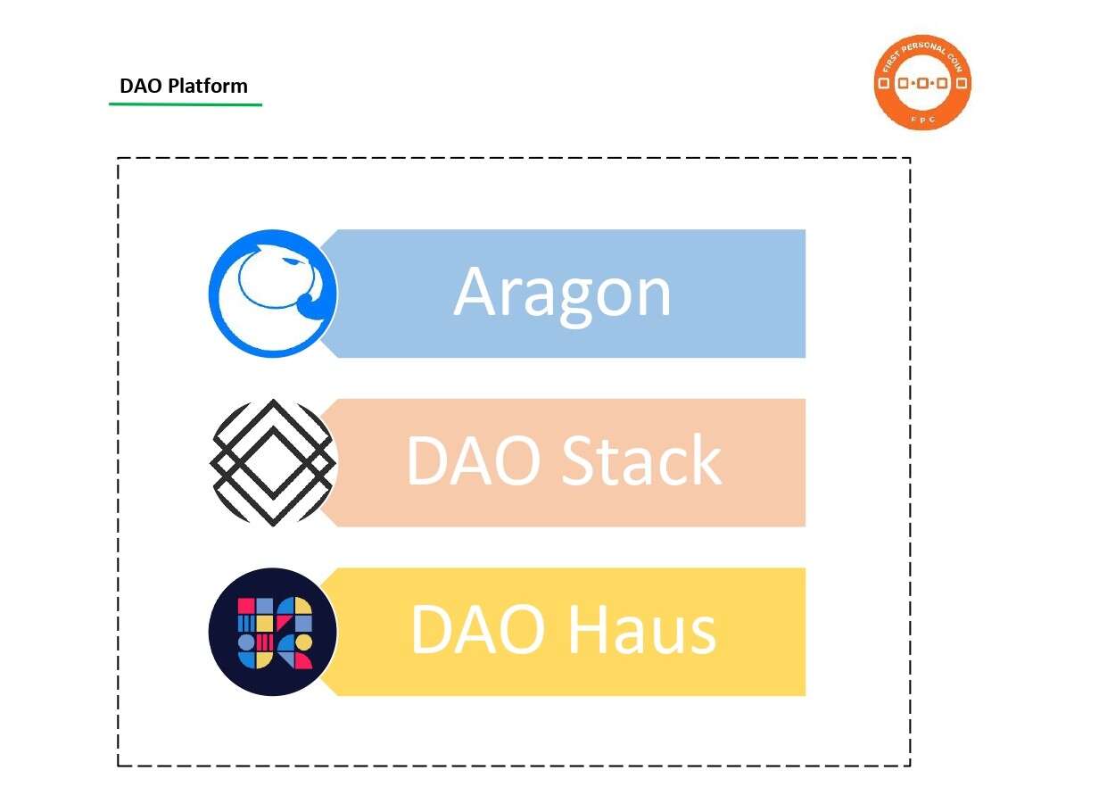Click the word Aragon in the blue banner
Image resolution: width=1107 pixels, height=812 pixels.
point(562,293)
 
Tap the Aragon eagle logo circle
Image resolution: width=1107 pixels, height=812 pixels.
point(273,294)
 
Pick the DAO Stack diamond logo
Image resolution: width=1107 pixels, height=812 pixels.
point(273,462)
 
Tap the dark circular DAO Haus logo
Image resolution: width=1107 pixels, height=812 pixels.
point(273,632)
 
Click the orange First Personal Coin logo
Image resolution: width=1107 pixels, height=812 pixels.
point(922,83)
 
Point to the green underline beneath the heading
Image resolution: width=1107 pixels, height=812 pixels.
point(186,104)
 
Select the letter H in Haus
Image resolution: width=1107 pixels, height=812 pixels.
point(590,630)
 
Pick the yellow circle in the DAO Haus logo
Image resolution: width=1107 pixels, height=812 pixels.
point(304,642)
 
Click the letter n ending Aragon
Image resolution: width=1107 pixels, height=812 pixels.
point(652,297)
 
